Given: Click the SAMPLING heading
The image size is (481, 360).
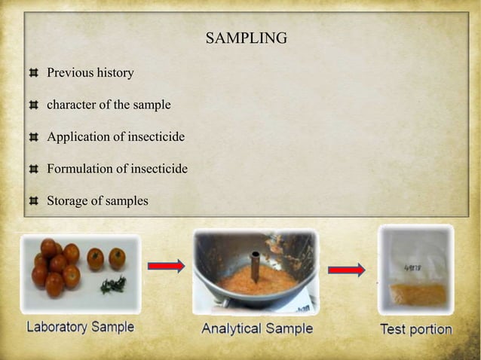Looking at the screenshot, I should (x=247, y=38).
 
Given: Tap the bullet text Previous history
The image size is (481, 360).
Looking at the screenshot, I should (x=90, y=73).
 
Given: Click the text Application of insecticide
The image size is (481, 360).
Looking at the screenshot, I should (x=115, y=137).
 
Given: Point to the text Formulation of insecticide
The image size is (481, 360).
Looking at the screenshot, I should (x=117, y=169).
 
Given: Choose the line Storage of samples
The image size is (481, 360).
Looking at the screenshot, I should (x=97, y=201).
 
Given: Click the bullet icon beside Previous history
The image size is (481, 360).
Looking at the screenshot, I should (x=33, y=74).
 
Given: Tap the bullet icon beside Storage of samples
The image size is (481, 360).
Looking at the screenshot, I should (x=33, y=202).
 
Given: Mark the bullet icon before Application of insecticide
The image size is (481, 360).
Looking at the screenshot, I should (x=33, y=138).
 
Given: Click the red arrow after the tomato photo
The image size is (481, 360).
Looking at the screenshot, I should (x=166, y=266).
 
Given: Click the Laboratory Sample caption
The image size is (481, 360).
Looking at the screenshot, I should (x=80, y=328).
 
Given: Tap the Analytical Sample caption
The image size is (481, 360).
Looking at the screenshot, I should (x=257, y=329).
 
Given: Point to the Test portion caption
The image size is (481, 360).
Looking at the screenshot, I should (x=415, y=329).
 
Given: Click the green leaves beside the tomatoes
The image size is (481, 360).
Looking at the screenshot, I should (x=113, y=285).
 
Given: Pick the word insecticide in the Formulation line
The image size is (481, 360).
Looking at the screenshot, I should (x=159, y=169).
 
